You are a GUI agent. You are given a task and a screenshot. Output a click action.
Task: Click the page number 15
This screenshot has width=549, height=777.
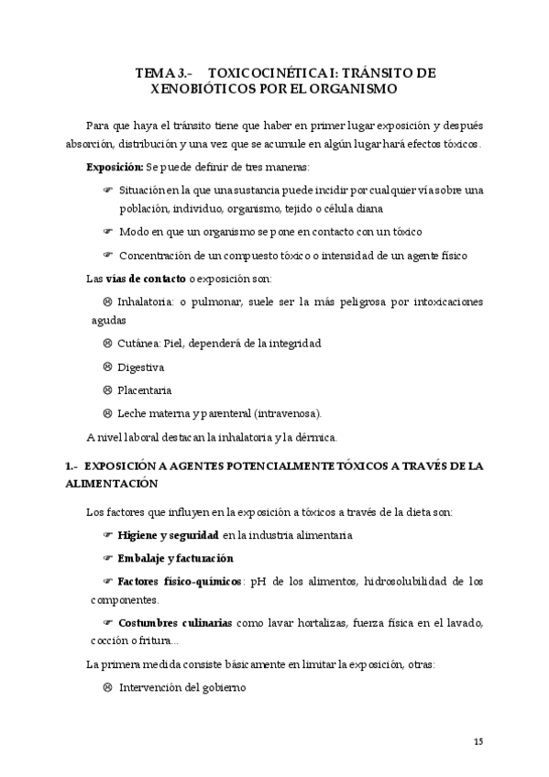tap(478, 740)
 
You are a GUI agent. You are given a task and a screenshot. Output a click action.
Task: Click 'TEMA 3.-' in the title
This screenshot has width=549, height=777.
tap(162, 71)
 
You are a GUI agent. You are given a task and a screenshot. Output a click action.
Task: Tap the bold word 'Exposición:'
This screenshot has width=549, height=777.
tap(115, 168)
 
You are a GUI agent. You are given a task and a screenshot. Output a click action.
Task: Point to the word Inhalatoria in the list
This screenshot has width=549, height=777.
tap(146, 301)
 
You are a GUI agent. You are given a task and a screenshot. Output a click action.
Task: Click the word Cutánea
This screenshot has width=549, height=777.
tap(138, 344)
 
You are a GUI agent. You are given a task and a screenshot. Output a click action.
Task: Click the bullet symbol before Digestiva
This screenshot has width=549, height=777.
tap(107, 367)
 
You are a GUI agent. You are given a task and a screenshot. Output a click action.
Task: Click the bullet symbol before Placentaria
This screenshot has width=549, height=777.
tap(107, 390)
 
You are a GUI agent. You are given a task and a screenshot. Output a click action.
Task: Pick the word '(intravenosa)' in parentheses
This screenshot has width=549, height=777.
tap(288, 413)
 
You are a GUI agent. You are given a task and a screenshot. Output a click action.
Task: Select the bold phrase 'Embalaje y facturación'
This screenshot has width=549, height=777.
tap(175, 558)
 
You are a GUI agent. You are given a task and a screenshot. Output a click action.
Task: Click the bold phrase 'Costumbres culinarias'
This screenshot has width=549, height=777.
tap(175, 623)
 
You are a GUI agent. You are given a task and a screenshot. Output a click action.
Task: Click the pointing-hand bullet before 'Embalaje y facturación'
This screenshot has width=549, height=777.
tap(107, 558)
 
